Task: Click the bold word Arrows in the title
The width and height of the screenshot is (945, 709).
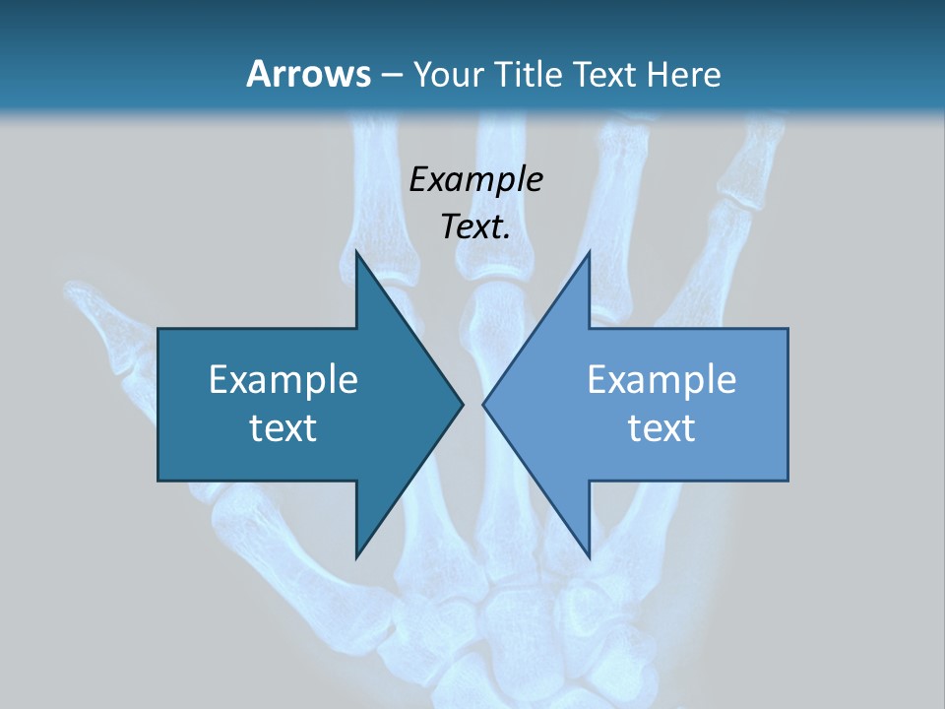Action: click(x=308, y=74)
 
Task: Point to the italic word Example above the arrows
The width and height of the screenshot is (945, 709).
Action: click(x=475, y=180)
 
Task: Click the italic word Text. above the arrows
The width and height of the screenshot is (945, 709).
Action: click(x=475, y=227)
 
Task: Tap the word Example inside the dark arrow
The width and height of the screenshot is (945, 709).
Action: click(x=283, y=379)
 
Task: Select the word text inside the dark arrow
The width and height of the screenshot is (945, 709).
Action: click(x=283, y=428)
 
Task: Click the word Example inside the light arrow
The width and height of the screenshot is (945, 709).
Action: click(x=661, y=379)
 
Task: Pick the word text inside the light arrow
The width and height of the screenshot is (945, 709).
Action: click(x=661, y=428)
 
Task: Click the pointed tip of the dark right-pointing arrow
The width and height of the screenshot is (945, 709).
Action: click(x=463, y=404)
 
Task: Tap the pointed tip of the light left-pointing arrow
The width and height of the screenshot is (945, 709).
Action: click(x=483, y=404)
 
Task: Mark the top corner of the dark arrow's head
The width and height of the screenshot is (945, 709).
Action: click(x=356, y=252)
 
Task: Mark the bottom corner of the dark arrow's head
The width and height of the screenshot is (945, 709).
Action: click(x=356, y=556)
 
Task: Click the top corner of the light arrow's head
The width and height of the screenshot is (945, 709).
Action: click(x=589, y=252)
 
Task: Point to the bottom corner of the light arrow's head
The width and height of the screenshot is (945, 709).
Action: click(x=589, y=556)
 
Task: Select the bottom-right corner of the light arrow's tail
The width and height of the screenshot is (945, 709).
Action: click(x=787, y=480)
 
